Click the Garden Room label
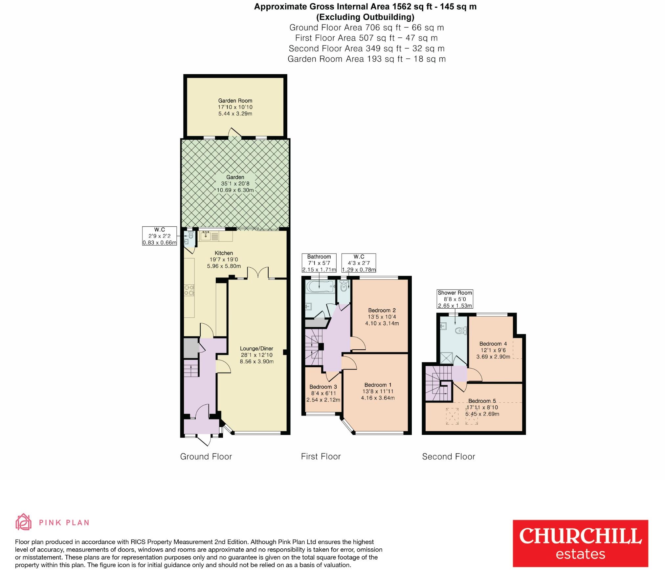235,101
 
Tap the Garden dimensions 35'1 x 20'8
235,184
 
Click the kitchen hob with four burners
189,290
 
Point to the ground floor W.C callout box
159,236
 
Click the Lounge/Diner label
256,349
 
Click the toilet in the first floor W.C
344,287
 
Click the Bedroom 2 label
382,310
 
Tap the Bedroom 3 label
323,387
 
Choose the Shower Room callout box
455,299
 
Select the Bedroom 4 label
493,344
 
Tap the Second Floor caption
448,457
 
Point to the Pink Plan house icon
24,522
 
